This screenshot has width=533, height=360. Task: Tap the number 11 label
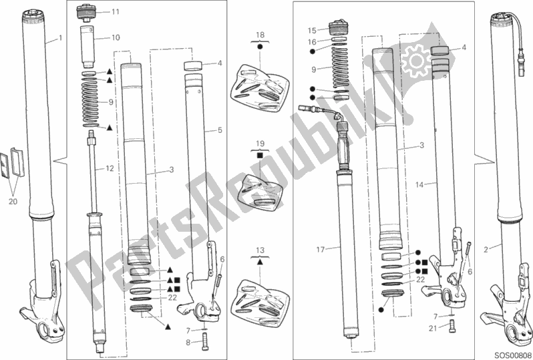pyautogui.click(x=116, y=12)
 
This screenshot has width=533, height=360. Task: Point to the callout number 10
pyautogui.click(x=115, y=37)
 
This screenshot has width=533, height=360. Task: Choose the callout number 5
pyautogui.click(x=219, y=130)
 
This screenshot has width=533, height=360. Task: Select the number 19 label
pyautogui.click(x=260, y=143)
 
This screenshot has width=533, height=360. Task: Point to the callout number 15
pyautogui.click(x=312, y=30)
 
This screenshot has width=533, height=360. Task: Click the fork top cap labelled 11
pyautogui.click(x=87, y=12)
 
